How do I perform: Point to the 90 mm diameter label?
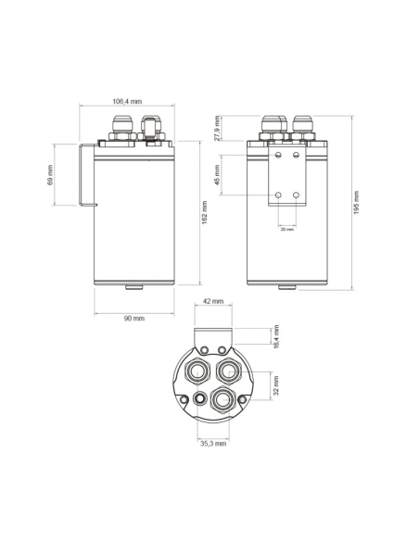pos(134,318)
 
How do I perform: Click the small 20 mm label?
pos(287,230)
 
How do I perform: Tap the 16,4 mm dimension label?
pos(275,335)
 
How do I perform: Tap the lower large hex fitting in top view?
pos(221,400)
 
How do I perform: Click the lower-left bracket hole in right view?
pos(279,195)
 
